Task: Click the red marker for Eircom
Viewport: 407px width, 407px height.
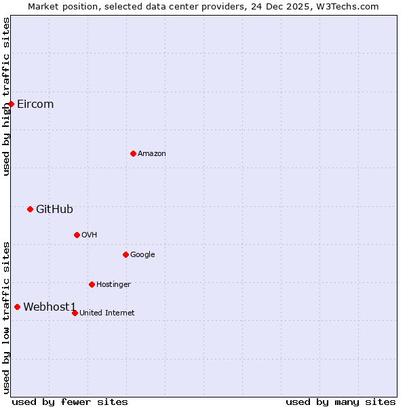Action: [x=12, y=104]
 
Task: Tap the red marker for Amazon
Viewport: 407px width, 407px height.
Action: [x=133, y=153]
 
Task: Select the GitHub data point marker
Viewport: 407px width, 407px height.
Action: [x=30, y=209]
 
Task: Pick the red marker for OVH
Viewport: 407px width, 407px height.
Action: [x=77, y=235]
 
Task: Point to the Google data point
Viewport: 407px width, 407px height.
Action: [x=125, y=254]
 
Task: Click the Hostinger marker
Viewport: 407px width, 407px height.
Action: [x=92, y=284]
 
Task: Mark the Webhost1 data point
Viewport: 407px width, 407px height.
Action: [x=17, y=307]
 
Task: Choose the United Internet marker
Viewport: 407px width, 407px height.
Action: [x=75, y=313]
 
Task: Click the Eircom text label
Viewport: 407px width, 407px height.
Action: [x=35, y=104]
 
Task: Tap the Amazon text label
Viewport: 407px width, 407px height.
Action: [x=152, y=153]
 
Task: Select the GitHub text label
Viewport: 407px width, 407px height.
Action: [x=54, y=209]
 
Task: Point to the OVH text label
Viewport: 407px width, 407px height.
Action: [x=90, y=235]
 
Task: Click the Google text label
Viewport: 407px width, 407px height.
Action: [x=142, y=254]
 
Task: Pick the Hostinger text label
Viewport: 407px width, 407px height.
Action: [x=113, y=284]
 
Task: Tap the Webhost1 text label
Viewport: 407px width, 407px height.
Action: [x=50, y=307]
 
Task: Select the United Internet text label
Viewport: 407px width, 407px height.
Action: [x=107, y=313]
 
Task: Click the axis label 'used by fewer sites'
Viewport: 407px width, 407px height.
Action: [x=70, y=402]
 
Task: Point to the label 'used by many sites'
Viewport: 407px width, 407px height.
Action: [x=341, y=402]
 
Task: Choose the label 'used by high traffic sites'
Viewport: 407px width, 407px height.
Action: [x=6, y=96]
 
